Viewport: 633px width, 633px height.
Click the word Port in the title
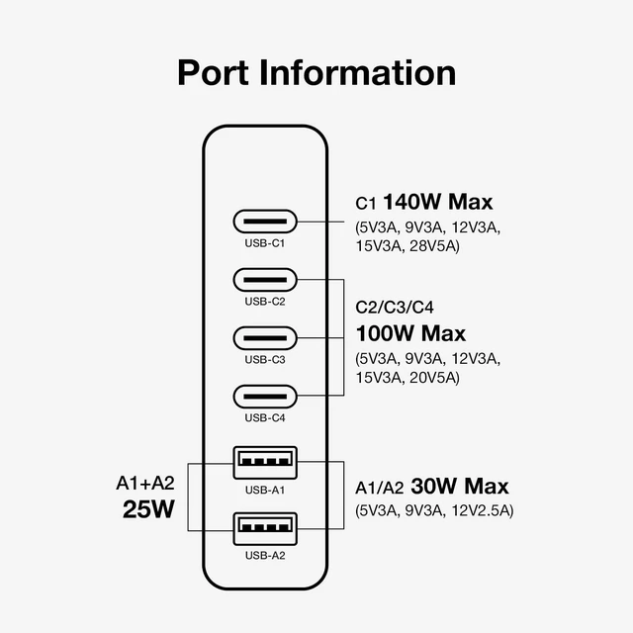click(x=214, y=72)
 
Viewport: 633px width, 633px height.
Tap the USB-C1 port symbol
click(x=265, y=222)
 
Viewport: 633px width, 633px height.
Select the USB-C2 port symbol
click(x=265, y=280)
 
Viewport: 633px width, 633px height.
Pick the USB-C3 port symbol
click(x=265, y=338)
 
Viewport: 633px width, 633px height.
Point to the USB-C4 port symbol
click(x=265, y=397)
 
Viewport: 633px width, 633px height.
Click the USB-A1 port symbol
click(x=265, y=463)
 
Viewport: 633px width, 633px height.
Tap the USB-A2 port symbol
click(x=265, y=529)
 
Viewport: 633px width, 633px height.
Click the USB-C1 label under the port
click(x=265, y=243)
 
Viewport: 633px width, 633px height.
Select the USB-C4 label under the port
click(x=265, y=417)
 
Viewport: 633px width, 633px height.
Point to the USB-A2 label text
click(x=265, y=556)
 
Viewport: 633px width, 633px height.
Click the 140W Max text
click(x=437, y=202)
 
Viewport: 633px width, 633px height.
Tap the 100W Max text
click(x=410, y=333)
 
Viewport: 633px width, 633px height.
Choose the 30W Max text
click(x=459, y=486)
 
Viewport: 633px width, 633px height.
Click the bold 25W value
click(x=148, y=509)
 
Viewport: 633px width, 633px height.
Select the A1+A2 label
click(x=145, y=483)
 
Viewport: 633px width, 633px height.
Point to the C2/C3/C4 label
click(x=395, y=308)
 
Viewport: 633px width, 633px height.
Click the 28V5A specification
click(x=434, y=246)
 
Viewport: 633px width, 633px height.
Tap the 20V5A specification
click(x=434, y=378)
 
